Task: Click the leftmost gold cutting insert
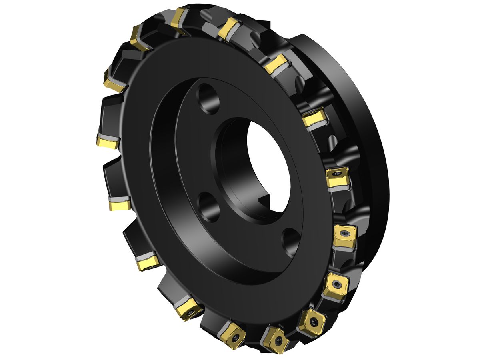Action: pyautogui.click(x=107, y=141)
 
